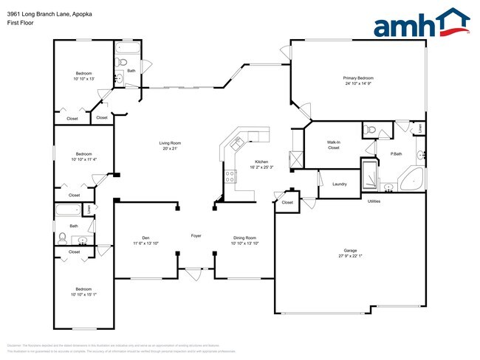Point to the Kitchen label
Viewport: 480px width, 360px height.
point(261,162)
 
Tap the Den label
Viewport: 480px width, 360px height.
point(145,237)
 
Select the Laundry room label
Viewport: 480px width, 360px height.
point(340,184)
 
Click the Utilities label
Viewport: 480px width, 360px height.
point(374,201)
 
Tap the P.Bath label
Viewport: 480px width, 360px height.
point(396,153)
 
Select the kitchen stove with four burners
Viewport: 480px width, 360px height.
point(230,176)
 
